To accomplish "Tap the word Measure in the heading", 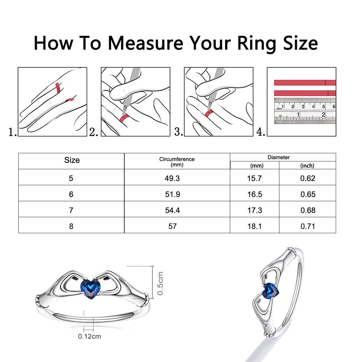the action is pyautogui.click(x=146, y=43).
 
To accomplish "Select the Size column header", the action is pyautogui.click(x=72, y=160).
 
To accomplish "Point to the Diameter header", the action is pyautogui.click(x=279, y=157).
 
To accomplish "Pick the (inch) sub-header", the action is pyautogui.click(x=307, y=166).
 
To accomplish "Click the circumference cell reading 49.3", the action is pyautogui.click(x=172, y=178).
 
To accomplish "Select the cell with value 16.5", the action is pyautogui.click(x=255, y=194).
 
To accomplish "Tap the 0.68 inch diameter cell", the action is pyautogui.click(x=308, y=210).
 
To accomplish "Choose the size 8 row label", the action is pyautogui.click(x=71, y=226).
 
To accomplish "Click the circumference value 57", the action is pyautogui.click(x=173, y=226).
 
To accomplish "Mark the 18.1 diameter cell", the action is pyautogui.click(x=255, y=226).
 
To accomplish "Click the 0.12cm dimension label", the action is pyautogui.click(x=89, y=336).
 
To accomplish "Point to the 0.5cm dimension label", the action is pyautogui.click(x=160, y=283).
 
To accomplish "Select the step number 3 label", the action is pyautogui.click(x=179, y=132).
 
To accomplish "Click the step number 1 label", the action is pyautogui.click(x=13, y=132).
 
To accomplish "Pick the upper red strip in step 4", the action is pyautogui.click(x=305, y=83).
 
